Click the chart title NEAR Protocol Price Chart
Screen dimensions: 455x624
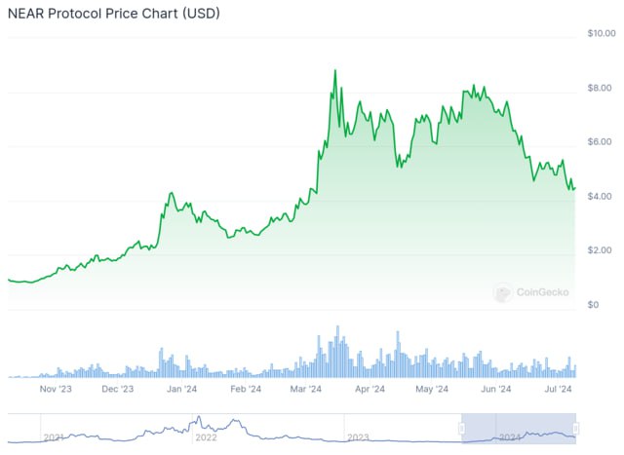tap(113, 15)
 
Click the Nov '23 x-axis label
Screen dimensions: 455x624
tap(57, 389)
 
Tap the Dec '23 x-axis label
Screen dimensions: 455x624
tap(117, 389)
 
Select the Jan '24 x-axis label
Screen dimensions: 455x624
tap(181, 389)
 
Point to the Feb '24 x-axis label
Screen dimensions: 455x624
tap(245, 389)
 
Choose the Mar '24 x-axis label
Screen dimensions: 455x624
tap(306, 389)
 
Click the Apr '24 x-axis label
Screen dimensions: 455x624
tap(369, 389)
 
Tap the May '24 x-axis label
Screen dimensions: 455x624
tap(431, 389)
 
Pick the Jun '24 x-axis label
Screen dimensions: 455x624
tap(496, 389)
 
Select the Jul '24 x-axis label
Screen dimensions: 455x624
tap(557, 389)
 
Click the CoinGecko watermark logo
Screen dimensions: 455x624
tap(502, 292)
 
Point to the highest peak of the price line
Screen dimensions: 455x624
tap(335, 70)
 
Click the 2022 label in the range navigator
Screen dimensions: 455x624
tap(207, 437)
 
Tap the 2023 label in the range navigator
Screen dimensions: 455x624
tap(358, 437)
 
